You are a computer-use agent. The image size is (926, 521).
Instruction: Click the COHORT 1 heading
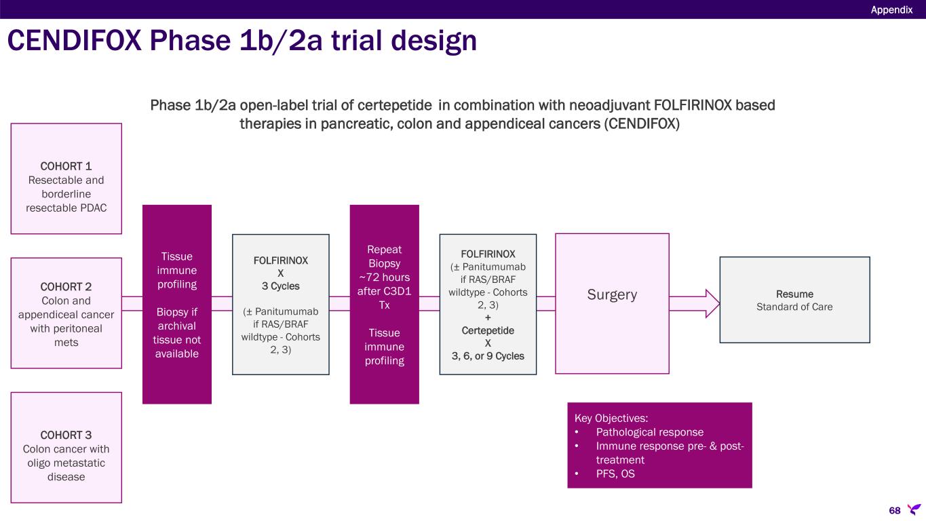pos(66,166)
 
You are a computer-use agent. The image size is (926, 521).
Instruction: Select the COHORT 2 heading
pos(66,287)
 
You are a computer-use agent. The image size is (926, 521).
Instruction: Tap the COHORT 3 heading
pos(66,436)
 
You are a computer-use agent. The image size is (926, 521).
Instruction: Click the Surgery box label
pos(612,295)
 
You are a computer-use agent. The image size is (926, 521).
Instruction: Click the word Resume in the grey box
pos(794,294)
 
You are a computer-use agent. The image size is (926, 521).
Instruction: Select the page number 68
pos(895,511)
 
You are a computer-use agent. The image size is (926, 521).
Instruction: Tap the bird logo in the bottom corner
pos(914,509)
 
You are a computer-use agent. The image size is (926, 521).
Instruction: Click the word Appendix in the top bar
pos(891,10)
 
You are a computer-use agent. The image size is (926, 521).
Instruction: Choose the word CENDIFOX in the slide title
pos(75,41)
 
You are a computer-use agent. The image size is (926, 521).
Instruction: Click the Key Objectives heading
pos(611,419)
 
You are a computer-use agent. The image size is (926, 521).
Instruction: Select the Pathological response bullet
pos(649,433)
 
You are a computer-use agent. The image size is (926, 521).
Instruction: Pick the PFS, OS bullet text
pos(615,474)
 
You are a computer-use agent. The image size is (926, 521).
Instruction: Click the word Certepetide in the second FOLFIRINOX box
pos(488,331)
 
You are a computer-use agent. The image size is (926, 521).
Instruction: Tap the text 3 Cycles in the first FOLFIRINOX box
pos(281,286)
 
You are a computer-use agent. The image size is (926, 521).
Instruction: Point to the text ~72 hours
pos(385,277)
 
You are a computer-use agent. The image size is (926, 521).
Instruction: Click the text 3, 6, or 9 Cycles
pos(488,356)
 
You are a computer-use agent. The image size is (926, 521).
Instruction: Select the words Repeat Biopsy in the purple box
pos(385,257)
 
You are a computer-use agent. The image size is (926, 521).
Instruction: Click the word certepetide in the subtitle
pos(394,106)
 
